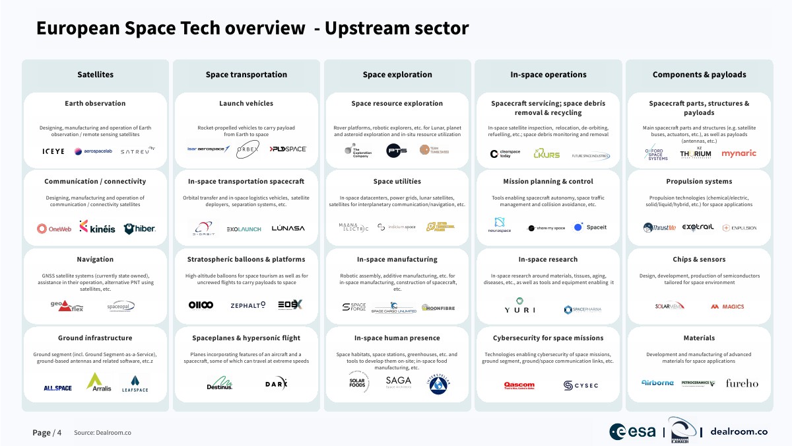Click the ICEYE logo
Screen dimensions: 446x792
pyautogui.click(x=54, y=151)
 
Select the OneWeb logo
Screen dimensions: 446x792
pyautogui.click(x=55, y=229)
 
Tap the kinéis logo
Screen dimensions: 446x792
pyautogui.click(x=97, y=228)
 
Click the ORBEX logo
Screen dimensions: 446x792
pyautogui.click(x=247, y=149)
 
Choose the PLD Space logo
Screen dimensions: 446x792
pyautogui.click(x=288, y=149)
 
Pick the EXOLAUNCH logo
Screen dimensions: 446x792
pyautogui.click(x=244, y=229)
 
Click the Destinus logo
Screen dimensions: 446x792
pyautogui.click(x=219, y=383)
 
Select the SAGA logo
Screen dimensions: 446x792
pyautogui.click(x=398, y=381)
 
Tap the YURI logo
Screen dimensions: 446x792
pyautogui.click(x=515, y=309)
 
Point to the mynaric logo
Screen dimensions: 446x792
pyautogui.click(x=739, y=153)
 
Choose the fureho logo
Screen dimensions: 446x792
pyautogui.click(x=742, y=383)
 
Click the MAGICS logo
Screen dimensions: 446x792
pyautogui.click(x=727, y=307)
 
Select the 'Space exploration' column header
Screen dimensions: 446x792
pyautogui.click(x=397, y=75)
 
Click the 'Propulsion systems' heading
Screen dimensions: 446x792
pyautogui.click(x=699, y=181)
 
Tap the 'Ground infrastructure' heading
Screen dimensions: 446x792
pyautogui.click(x=95, y=338)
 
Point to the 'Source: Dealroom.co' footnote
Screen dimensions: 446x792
pyautogui.click(x=102, y=433)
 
